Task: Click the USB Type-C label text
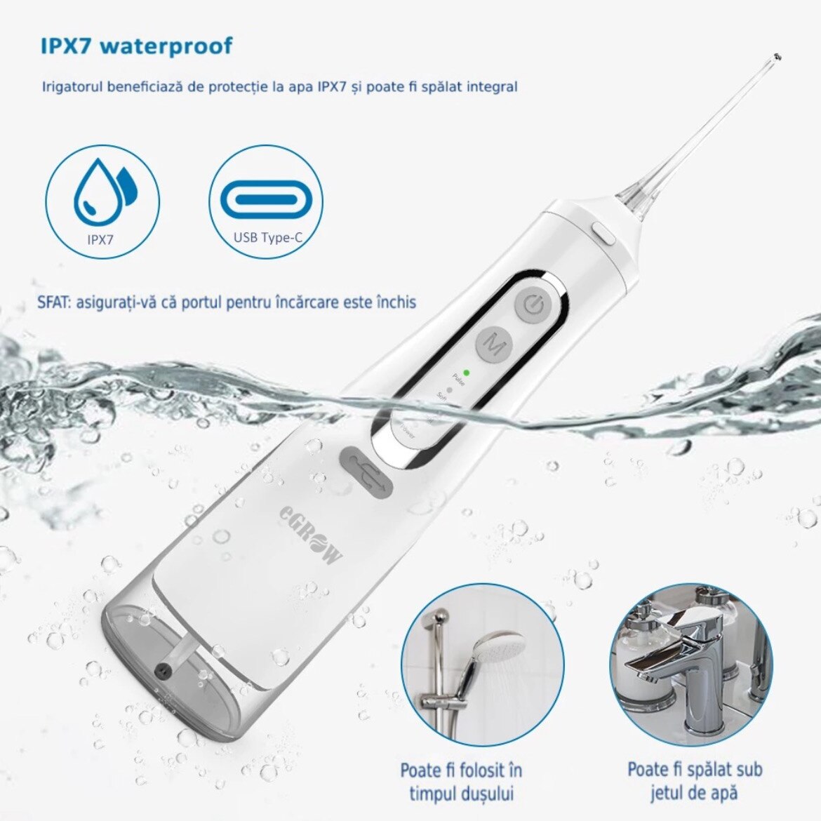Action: point(268,238)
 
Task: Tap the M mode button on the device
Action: point(495,345)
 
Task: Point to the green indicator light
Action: point(467,368)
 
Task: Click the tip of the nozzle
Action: point(775,56)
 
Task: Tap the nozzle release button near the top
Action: point(603,233)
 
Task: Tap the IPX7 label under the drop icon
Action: point(101,239)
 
